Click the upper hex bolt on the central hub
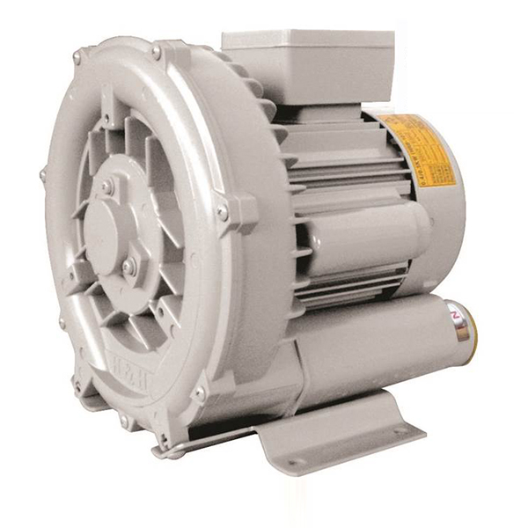(x=107, y=187)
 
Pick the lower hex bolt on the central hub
(x=130, y=265)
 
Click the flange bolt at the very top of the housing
(x=156, y=52)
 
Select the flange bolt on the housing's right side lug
(x=224, y=211)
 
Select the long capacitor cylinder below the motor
(x=378, y=339)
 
